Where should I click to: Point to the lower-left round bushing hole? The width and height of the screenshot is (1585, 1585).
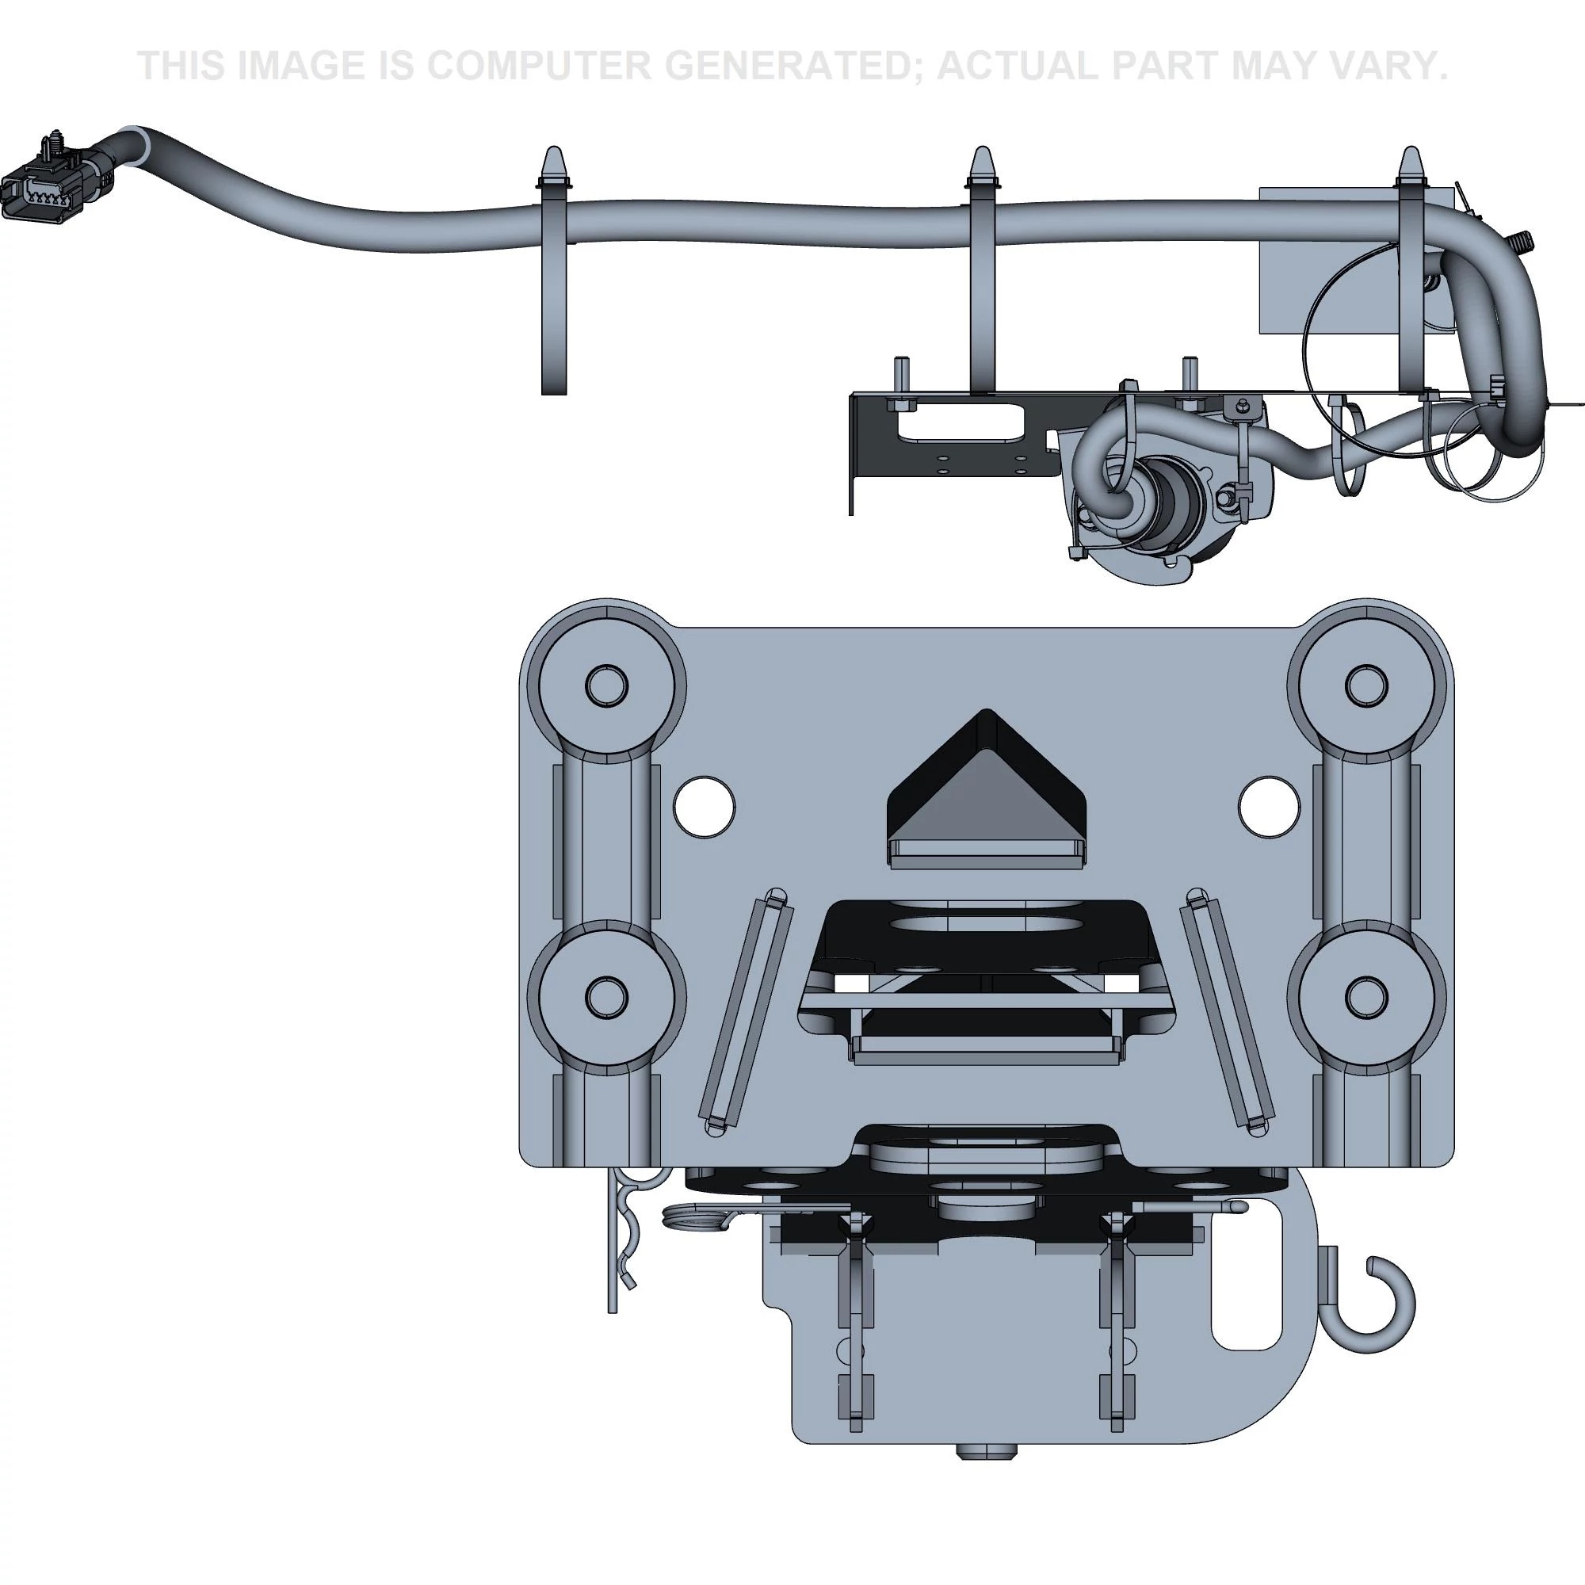pos(607,993)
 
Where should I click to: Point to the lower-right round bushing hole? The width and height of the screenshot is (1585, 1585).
pos(1367,993)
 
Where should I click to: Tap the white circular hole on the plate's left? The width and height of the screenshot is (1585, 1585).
pos(704,808)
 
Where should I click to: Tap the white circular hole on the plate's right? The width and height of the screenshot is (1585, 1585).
pos(1268,808)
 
